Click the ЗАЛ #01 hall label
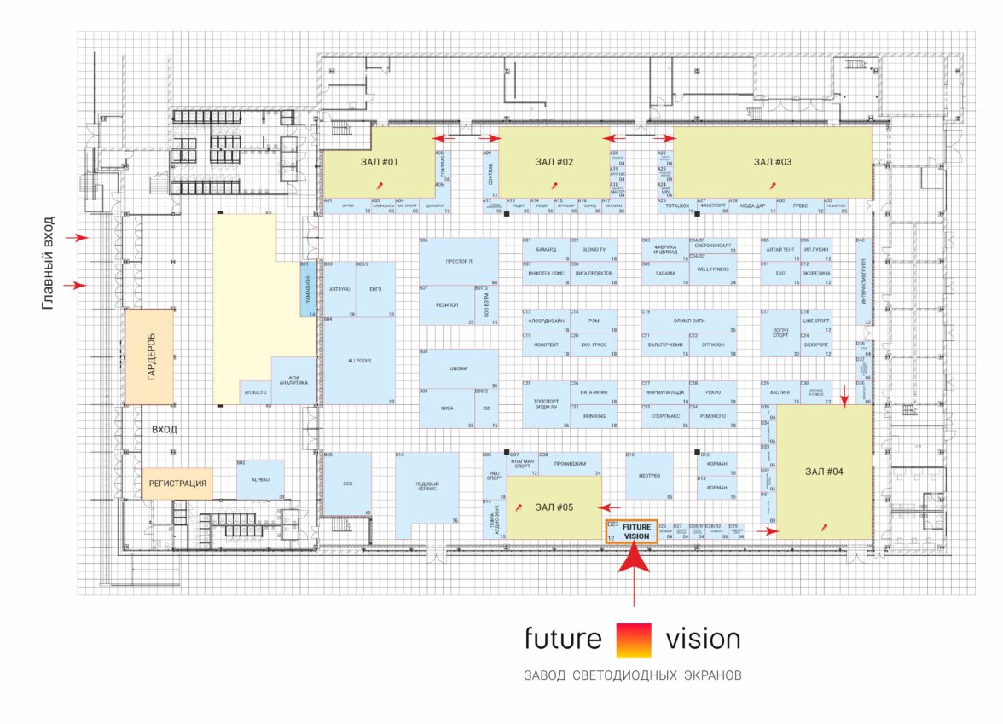(379, 161)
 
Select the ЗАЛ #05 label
(554, 507)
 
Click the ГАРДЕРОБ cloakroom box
(150, 356)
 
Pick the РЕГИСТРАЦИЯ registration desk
(177, 483)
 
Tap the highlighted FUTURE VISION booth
(632, 531)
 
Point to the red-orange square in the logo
(633, 640)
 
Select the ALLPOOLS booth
(358, 361)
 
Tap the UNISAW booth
(459, 368)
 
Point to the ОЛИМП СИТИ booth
(689, 321)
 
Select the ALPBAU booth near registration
(260, 480)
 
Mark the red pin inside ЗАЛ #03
(773, 184)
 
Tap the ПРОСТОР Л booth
(459, 263)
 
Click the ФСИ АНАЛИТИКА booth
(293, 380)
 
